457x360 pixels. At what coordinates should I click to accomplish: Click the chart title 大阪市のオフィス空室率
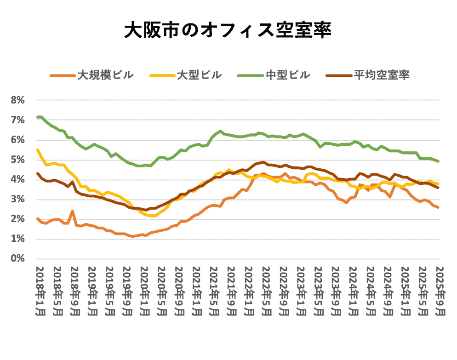[228, 31]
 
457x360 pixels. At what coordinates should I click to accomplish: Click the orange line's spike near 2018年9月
[73, 211]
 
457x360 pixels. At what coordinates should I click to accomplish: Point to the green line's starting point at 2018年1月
[38, 117]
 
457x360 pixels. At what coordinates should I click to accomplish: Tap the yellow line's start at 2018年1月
[38, 150]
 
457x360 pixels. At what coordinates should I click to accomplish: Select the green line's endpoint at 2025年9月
[438, 161]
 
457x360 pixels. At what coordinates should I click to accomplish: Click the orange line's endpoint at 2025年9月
[438, 207]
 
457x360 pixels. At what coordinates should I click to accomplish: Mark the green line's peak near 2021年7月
[221, 131]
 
